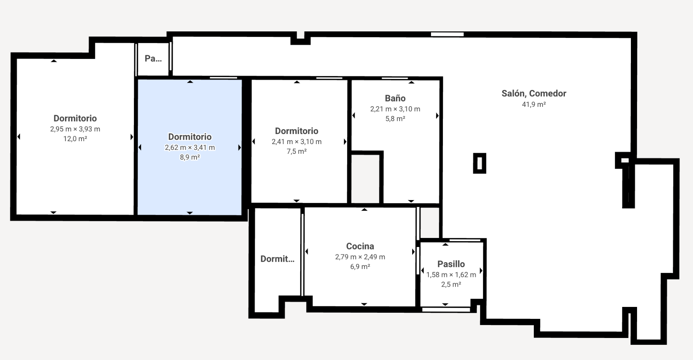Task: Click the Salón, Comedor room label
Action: (x=534, y=94)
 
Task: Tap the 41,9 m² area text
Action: (x=534, y=104)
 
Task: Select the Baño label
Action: (x=395, y=98)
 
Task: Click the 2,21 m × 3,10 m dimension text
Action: (x=395, y=109)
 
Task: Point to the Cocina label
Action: (x=360, y=246)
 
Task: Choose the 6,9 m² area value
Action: (x=360, y=266)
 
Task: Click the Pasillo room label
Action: (x=451, y=264)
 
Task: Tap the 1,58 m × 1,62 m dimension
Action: (x=451, y=274)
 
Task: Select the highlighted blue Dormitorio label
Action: (x=190, y=137)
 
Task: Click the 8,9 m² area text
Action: (x=190, y=157)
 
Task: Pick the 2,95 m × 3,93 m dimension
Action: (x=75, y=129)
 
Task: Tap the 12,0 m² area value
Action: (x=75, y=139)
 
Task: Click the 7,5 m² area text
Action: (x=297, y=151)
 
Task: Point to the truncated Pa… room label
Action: (x=153, y=58)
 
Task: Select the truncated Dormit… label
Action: (x=277, y=259)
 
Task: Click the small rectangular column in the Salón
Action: (x=480, y=163)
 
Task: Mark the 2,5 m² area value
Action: (x=451, y=284)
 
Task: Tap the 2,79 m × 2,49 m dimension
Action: (x=360, y=257)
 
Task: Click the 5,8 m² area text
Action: (x=395, y=118)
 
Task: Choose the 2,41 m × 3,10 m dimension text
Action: (x=297, y=142)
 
